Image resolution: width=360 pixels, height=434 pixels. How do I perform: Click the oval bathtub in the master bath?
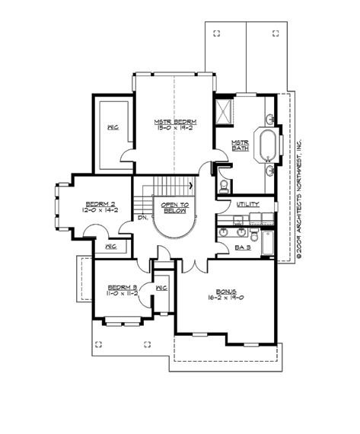coord(269,145)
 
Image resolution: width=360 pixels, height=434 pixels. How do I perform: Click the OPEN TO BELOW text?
coord(175,207)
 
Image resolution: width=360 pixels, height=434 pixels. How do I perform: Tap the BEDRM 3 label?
coord(121,287)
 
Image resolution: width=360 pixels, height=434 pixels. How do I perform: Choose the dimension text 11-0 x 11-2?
coord(121,294)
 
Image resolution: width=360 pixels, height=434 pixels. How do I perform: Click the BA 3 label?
coord(243,247)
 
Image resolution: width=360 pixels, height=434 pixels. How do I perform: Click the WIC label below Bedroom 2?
coord(110,247)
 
